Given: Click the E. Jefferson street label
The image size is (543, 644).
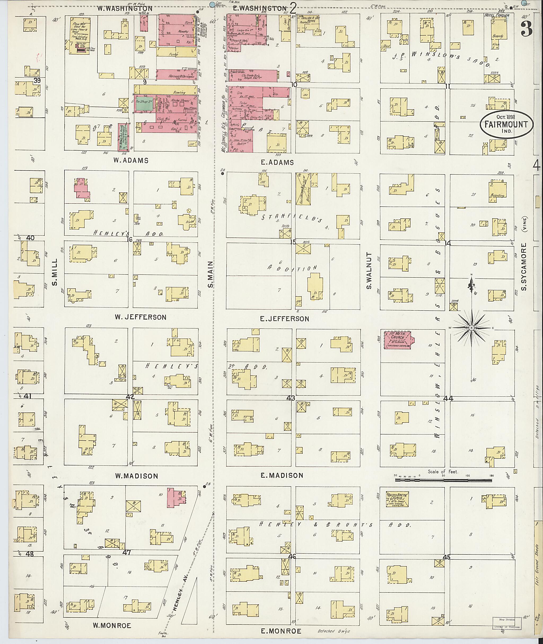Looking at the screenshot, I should [284, 319].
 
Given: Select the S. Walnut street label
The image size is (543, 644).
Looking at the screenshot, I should [369, 271].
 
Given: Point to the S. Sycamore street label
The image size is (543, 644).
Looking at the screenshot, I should [524, 267].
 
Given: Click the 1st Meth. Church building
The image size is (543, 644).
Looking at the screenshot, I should [398, 340].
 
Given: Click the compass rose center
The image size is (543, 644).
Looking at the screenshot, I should [471, 328].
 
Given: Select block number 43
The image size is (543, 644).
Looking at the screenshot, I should [290, 398].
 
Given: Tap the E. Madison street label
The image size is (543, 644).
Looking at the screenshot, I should [282, 475].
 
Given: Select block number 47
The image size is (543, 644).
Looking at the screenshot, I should [127, 553].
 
